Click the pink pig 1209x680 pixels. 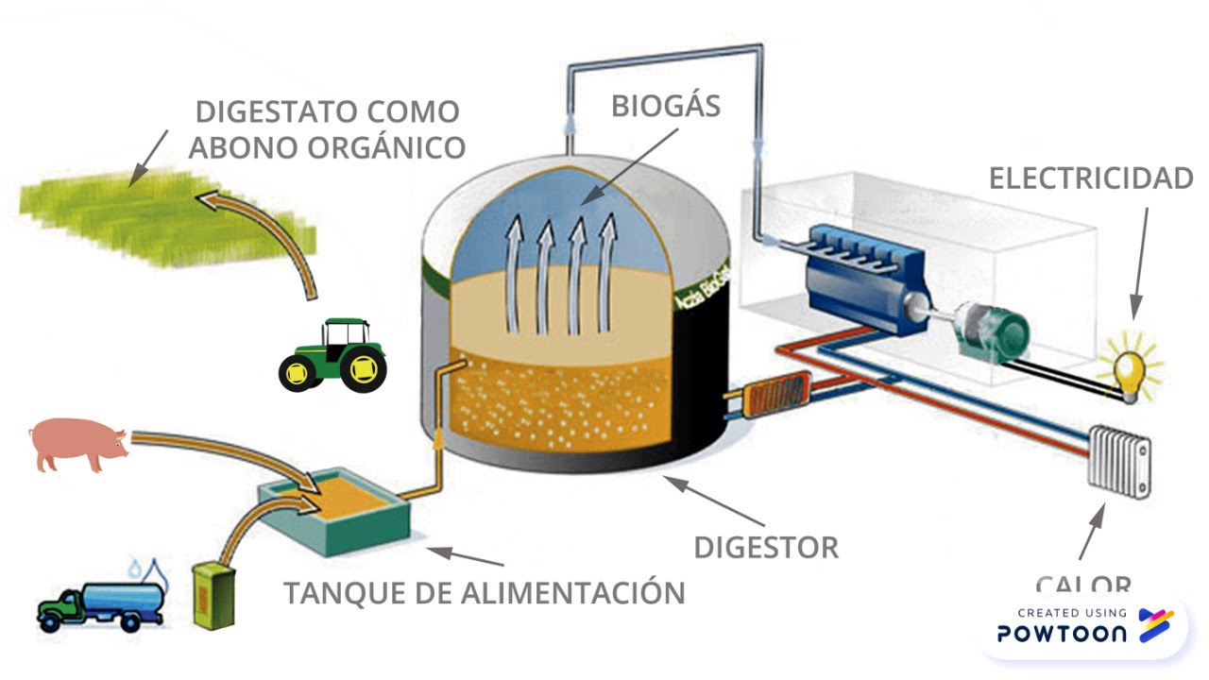click(x=77, y=445)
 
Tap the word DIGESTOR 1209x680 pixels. click(x=765, y=547)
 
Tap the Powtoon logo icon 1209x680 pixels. click(x=1155, y=624)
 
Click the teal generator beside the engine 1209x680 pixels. click(x=992, y=331)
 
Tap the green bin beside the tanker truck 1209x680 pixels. click(x=213, y=594)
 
